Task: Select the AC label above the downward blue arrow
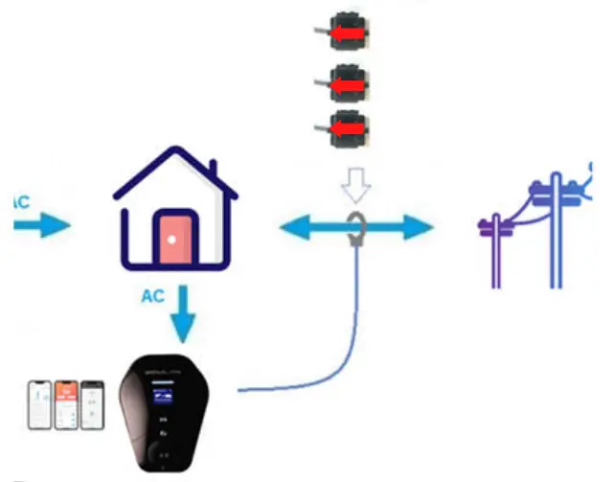(153, 296)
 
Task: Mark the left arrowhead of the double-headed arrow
(292, 228)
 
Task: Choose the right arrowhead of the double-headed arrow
(419, 228)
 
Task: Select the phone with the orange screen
(66, 403)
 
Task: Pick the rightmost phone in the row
(92, 403)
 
